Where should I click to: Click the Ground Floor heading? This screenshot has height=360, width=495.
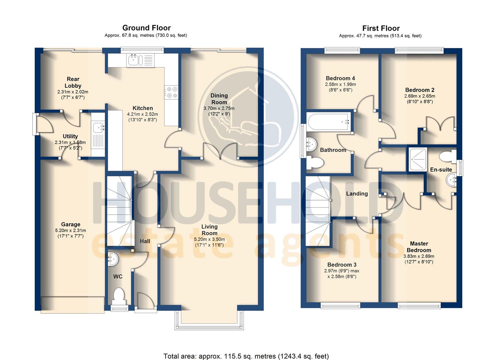tap(146, 28)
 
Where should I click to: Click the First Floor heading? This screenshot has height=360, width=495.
tap(381, 28)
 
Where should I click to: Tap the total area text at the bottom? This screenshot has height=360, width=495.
tap(246, 356)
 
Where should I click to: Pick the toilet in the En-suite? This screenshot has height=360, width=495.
tap(447, 156)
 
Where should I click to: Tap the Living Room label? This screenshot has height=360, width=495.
tap(209, 230)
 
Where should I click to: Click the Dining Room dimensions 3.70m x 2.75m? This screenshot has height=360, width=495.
tap(219, 108)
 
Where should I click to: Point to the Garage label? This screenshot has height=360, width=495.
tap(71, 224)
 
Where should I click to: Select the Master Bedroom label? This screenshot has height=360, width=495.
tap(419, 247)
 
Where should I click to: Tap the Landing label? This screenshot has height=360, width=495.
tap(357, 194)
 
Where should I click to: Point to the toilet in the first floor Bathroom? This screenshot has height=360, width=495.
tap(315, 162)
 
